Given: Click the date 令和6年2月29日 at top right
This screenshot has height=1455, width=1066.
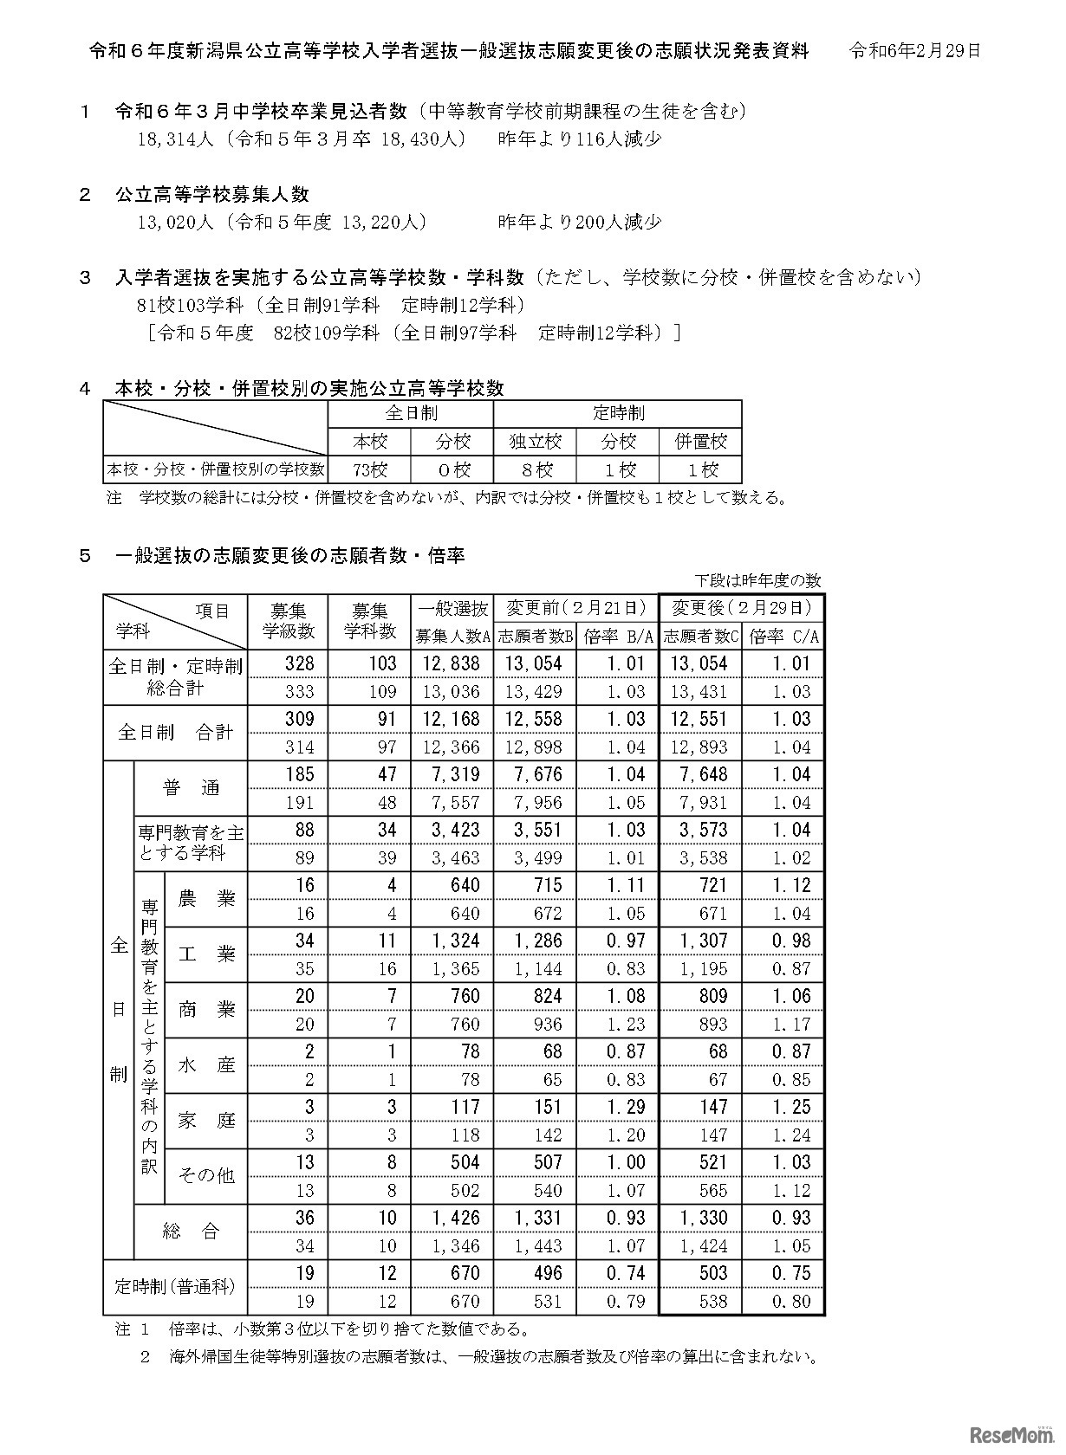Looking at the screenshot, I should [x=914, y=51].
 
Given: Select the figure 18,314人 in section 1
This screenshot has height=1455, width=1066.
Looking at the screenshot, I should [x=175, y=139].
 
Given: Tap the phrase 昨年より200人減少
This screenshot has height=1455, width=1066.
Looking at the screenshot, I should [x=580, y=222].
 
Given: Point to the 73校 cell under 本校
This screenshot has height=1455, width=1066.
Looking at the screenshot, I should [x=370, y=470].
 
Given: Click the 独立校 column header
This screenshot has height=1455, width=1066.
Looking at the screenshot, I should [x=536, y=442].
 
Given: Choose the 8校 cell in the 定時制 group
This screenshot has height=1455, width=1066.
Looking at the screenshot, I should [x=536, y=470].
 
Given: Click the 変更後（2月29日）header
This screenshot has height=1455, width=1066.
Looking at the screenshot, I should [x=742, y=607].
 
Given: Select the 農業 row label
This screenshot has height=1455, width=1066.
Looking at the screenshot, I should [x=206, y=899].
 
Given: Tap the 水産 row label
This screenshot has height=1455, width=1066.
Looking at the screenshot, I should [x=206, y=1065].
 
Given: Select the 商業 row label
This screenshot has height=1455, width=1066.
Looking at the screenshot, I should [x=206, y=1010].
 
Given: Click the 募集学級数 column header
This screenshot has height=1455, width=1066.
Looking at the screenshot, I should [x=289, y=621].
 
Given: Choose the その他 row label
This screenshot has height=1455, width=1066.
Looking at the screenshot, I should [x=206, y=1175].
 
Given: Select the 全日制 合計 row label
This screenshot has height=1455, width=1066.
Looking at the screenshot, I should [x=175, y=733].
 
